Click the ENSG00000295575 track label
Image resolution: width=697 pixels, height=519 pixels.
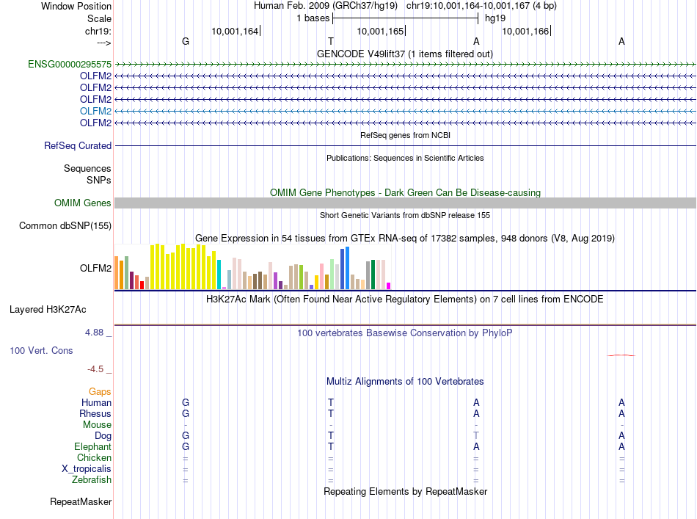pyautogui.click(x=70, y=65)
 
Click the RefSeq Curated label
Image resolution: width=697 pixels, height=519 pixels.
pyautogui.click(x=78, y=146)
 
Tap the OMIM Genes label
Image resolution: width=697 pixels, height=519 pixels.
pyautogui.click(x=83, y=203)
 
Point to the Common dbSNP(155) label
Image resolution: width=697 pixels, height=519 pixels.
pyautogui.click(x=65, y=226)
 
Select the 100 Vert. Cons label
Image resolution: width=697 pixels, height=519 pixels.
pyautogui.click(x=41, y=351)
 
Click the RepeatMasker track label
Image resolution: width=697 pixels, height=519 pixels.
pyautogui.click(x=81, y=503)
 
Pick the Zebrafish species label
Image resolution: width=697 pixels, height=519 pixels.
pyautogui.click(x=92, y=480)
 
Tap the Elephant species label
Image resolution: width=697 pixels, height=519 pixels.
pyautogui.click(x=92, y=447)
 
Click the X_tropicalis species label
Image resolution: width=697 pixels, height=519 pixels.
pyautogui.click(x=87, y=469)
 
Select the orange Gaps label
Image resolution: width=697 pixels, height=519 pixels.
pyautogui.click(x=100, y=392)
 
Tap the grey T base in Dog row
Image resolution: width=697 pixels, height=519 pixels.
pyautogui.click(x=476, y=436)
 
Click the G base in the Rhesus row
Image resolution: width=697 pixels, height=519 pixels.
pyautogui.click(x=186, y=414)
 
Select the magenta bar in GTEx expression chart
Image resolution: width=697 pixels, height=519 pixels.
pyautogui.click(x=389, y=286)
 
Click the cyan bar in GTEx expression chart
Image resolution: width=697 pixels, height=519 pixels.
pyautogui.click(x=219, y=275)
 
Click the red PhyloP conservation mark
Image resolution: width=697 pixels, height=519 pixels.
pyautogui.click(x=621, y=355)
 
